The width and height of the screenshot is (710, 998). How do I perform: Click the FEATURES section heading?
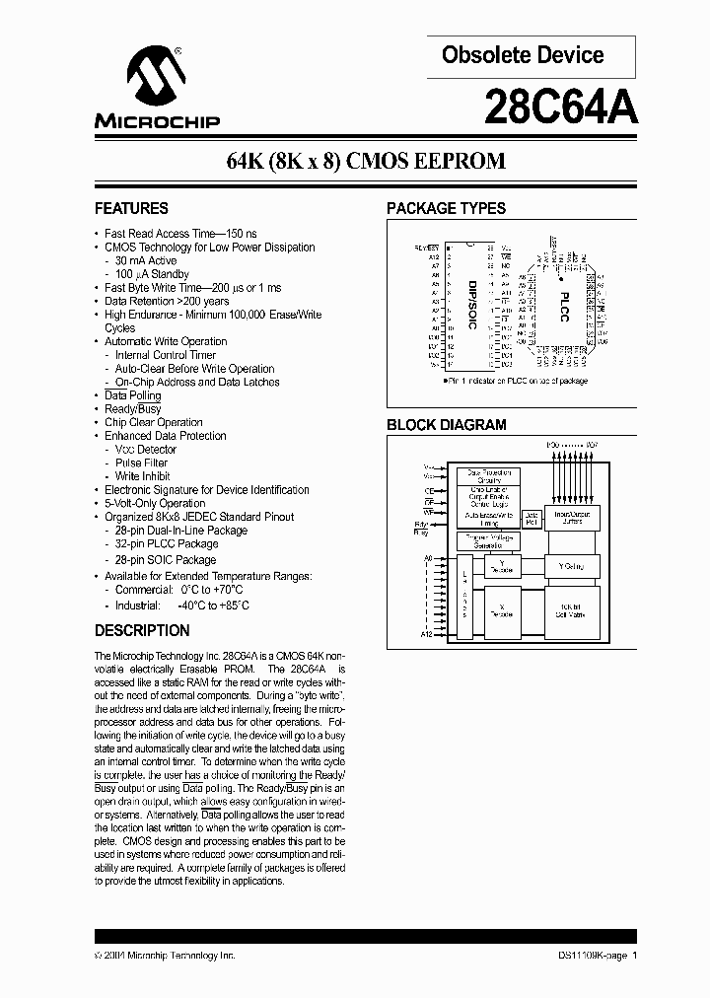(131, 209)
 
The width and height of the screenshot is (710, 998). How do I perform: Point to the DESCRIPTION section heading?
(142, 631)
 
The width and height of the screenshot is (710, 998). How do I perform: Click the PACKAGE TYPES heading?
(446, 209)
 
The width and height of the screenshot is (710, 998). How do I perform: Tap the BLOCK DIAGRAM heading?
(446, 425)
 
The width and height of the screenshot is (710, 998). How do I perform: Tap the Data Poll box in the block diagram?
(532, 516)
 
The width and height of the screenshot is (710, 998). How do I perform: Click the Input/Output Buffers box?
(571, 516)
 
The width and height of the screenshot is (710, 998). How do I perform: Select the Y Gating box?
(571, 566)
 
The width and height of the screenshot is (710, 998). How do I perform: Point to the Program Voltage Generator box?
(484, 540)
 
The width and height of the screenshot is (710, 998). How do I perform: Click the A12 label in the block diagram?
(426, 634)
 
